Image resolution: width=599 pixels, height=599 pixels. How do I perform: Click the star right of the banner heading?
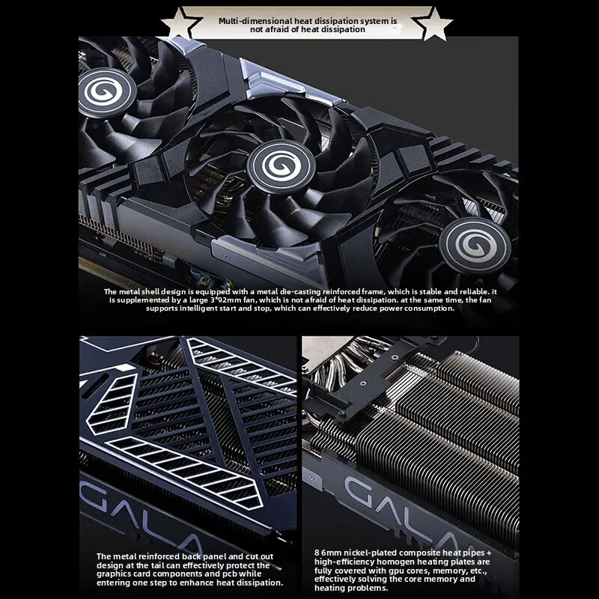433,23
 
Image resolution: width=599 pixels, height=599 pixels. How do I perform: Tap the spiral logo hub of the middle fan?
281,166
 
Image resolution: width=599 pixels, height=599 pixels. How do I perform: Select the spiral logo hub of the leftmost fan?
106,92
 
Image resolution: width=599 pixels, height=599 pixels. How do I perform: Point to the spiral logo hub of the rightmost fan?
475,245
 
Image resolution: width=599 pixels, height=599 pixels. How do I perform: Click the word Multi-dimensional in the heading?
255,21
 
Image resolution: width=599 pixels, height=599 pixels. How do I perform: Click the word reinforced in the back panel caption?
159,556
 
